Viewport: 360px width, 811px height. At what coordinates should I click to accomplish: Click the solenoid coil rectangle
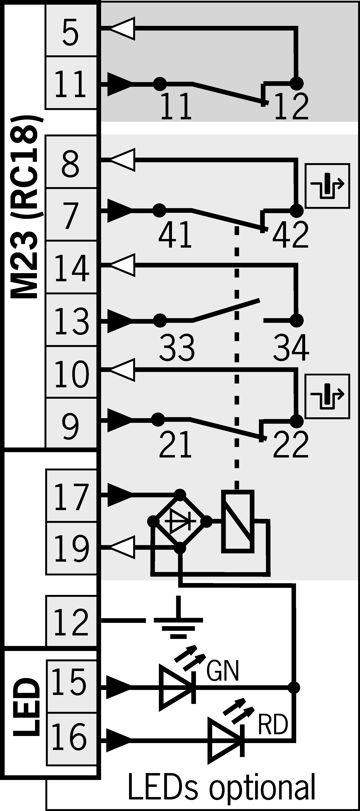click(x=238, y=521)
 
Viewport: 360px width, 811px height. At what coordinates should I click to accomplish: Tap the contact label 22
click(x=290, y=445)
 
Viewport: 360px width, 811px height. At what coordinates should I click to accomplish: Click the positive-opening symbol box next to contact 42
click(x=328, y=186)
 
